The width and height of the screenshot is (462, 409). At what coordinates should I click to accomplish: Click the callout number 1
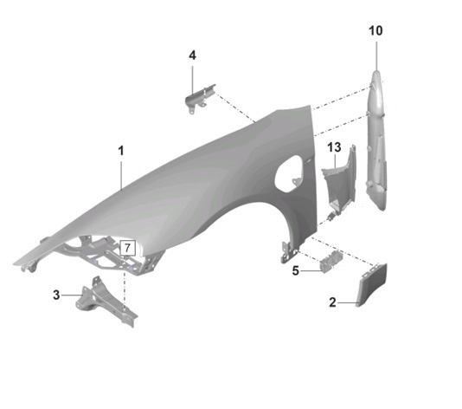click(x=121, y=151)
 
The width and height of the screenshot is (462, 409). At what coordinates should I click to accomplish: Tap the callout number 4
click(x=192, y=55)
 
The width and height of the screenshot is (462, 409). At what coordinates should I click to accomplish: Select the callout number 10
click(x=375, y=30)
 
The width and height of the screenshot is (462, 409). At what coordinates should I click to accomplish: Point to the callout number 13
click(x=335, y=147)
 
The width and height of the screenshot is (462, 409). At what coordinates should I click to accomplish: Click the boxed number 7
click(x=127, y=248)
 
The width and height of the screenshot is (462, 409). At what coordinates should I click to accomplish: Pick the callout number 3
click(x=56, y=295)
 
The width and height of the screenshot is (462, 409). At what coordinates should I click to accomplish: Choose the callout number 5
click(x=296, y=270)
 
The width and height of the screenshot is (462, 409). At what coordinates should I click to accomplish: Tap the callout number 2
click(x=332, y=302)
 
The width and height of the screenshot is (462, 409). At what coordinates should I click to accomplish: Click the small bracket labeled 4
click(x=199, y=97)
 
